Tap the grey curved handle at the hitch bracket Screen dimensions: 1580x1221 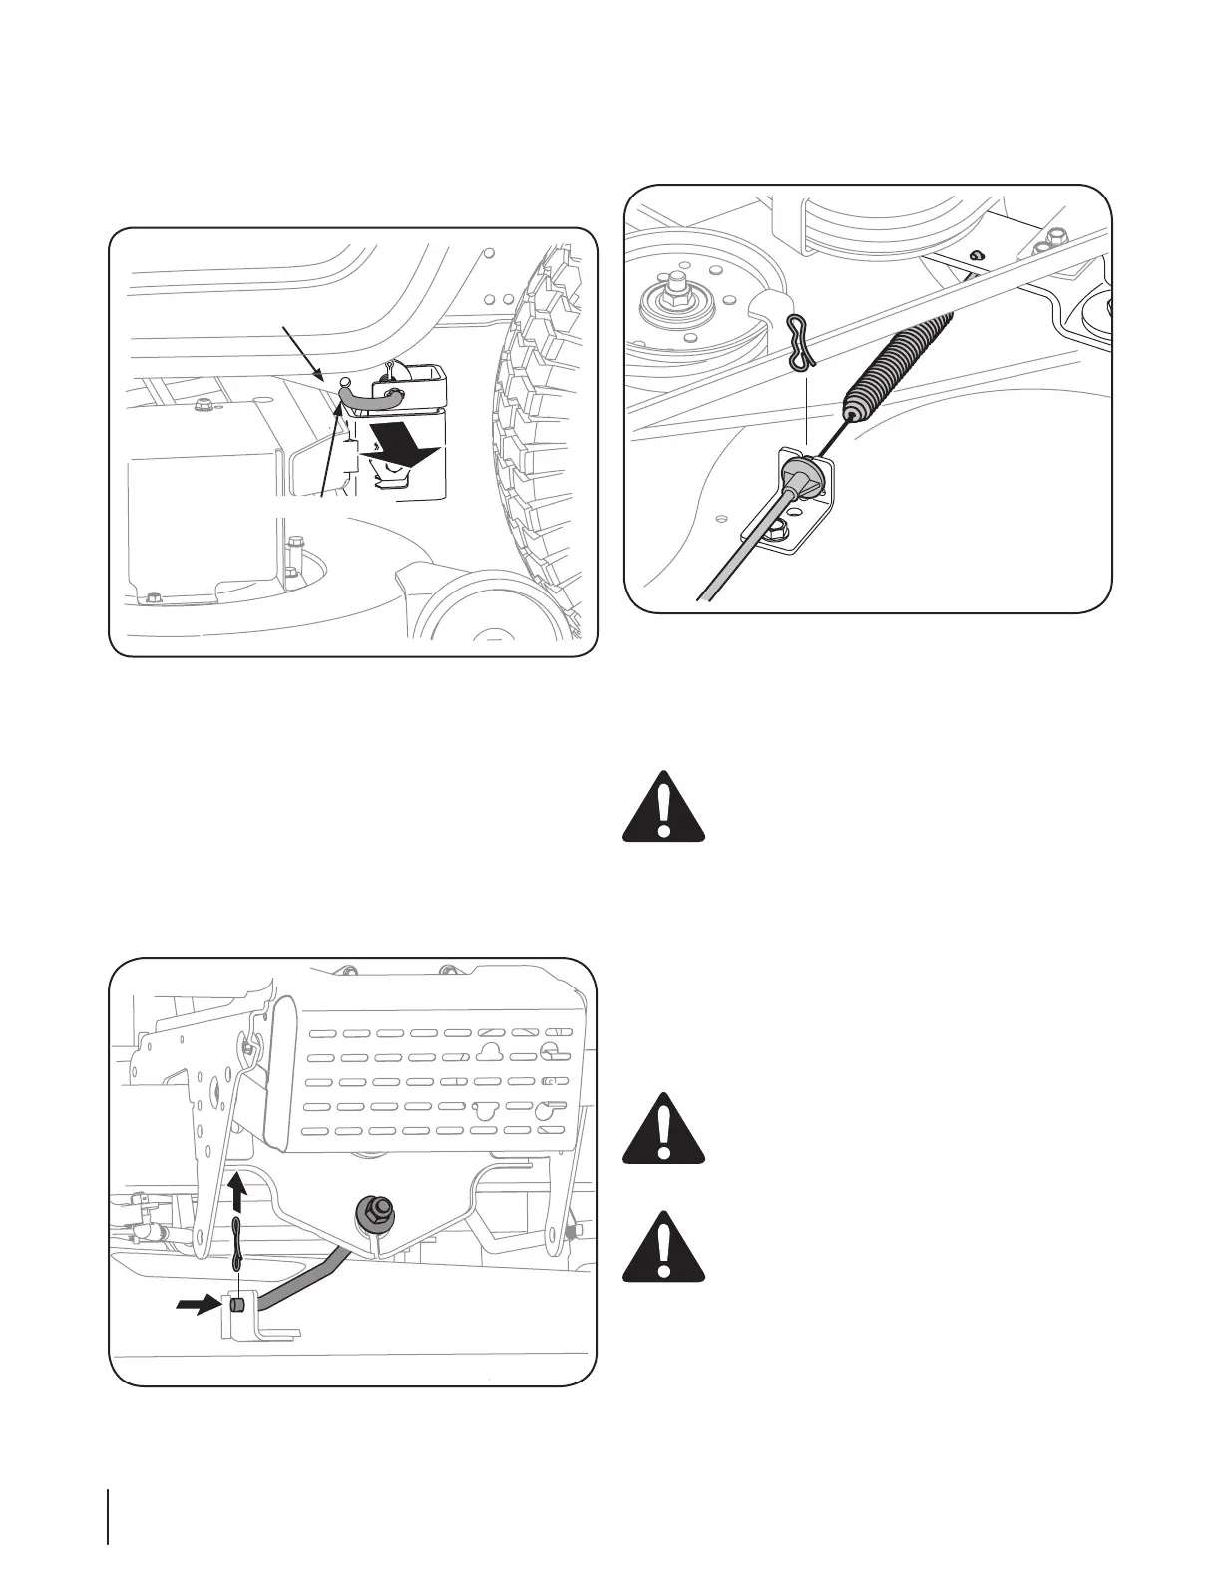pyautogui.click(x=370, y=397)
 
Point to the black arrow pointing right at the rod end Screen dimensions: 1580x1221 pyautogui.click(x=197, y=1304)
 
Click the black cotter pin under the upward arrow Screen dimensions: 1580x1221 pyautogui.click(x=237, y=1243)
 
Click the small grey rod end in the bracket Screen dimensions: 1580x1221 pyautogui.click(x=237, y=1304)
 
